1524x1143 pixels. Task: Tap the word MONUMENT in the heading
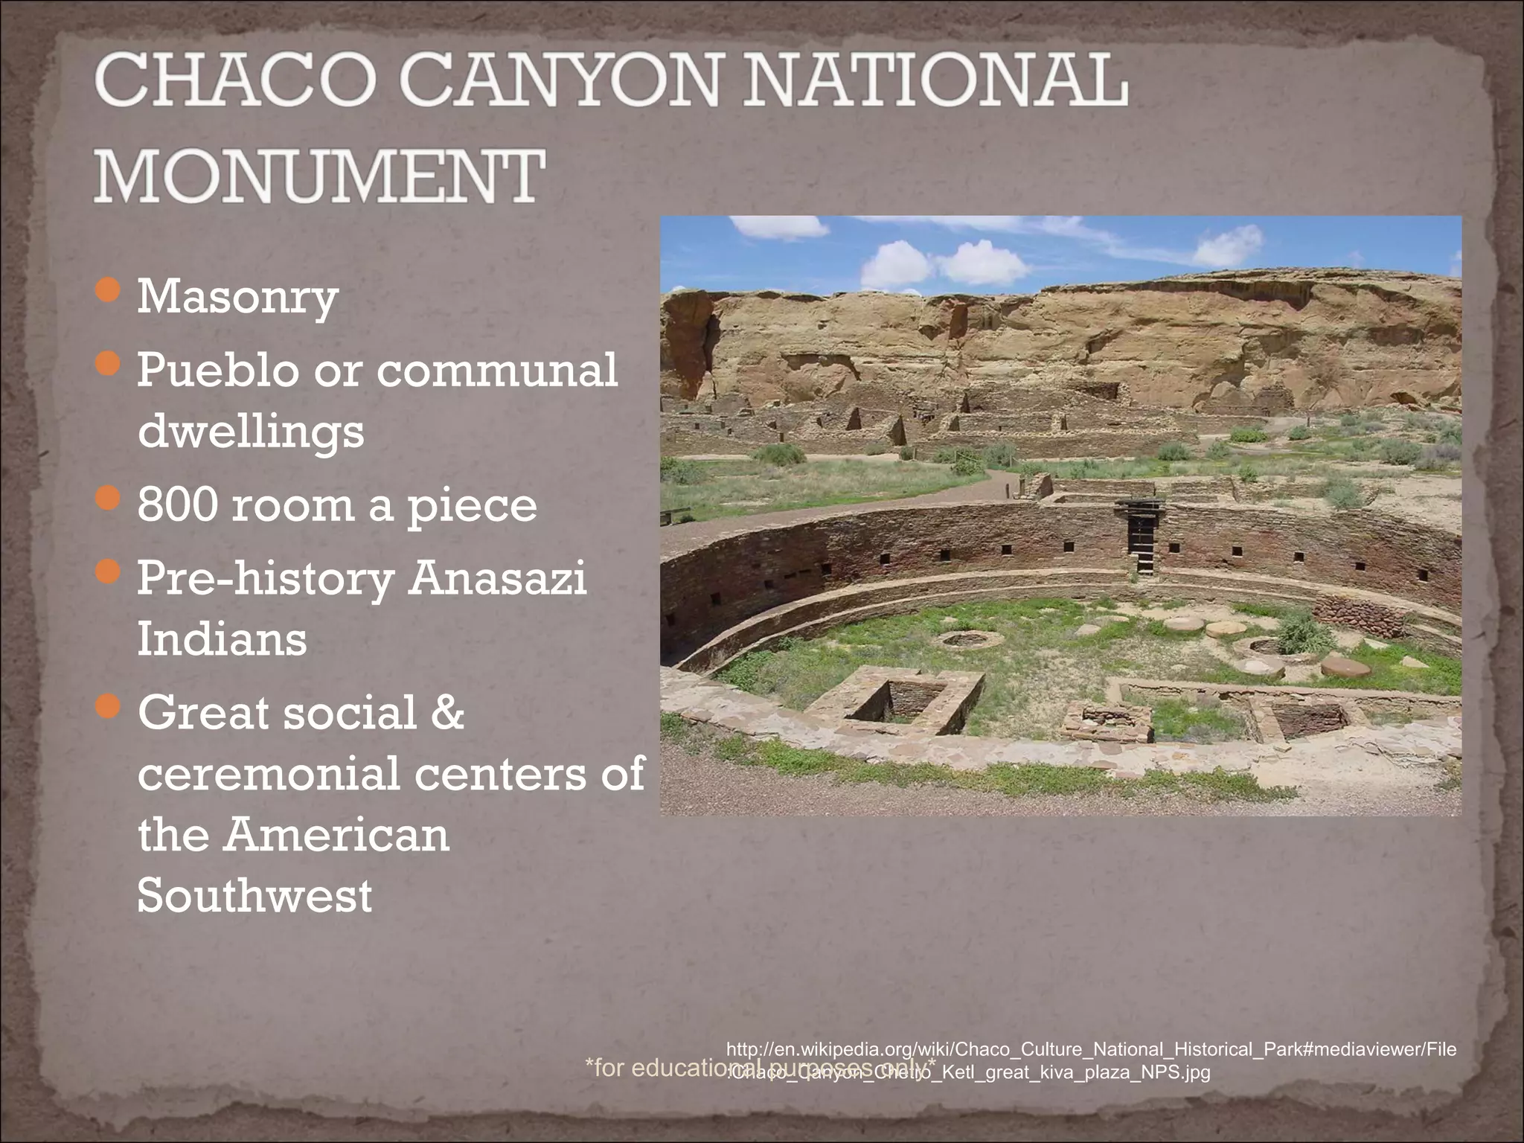pos(318,176)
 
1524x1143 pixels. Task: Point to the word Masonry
pos(237,298)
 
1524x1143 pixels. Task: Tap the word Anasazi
pos(497,578)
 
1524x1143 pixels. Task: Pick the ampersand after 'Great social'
pos(446,713)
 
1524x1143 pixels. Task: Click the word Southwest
pos(254,895)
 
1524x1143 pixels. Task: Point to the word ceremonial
pos(269,774)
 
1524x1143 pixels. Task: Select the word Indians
pos(222,639)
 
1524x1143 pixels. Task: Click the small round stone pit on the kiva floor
pos(966,638)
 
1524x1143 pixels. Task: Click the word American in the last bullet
pos(337,835)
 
